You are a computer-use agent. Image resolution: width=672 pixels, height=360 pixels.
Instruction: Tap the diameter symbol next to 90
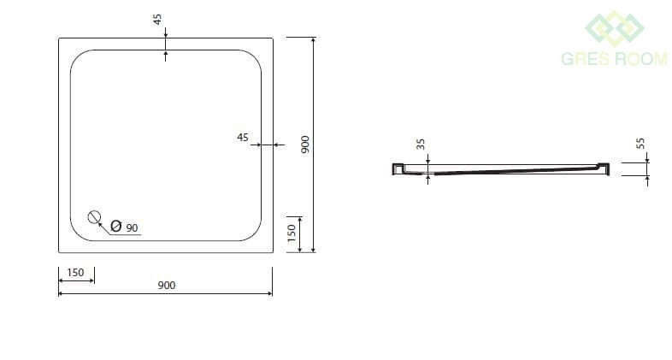click(115, 226)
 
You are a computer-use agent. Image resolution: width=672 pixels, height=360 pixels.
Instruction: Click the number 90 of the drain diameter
click(132, 228)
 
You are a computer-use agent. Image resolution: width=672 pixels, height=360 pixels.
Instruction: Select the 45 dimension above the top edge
click(157, 20)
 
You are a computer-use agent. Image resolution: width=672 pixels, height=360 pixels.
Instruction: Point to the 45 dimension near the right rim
click(243, 137)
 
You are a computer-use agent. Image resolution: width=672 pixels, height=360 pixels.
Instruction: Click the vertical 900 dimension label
click(304, 145)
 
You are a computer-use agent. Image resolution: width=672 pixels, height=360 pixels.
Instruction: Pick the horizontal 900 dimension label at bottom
click(166, 286)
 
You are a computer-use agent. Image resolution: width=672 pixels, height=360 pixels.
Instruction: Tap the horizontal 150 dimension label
click(75, 273)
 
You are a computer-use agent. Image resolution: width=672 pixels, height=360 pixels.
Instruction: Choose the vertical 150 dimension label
click(292, 233)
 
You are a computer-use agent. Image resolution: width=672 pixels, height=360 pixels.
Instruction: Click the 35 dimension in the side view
click(421, 144)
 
